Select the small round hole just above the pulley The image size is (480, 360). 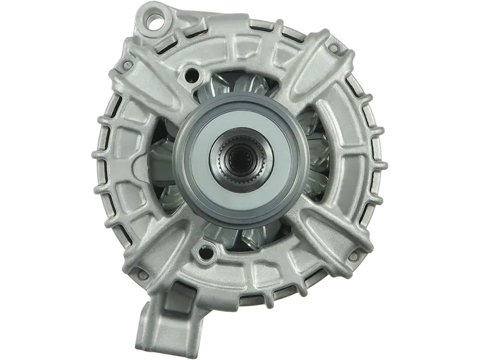[x=192, y=74]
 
